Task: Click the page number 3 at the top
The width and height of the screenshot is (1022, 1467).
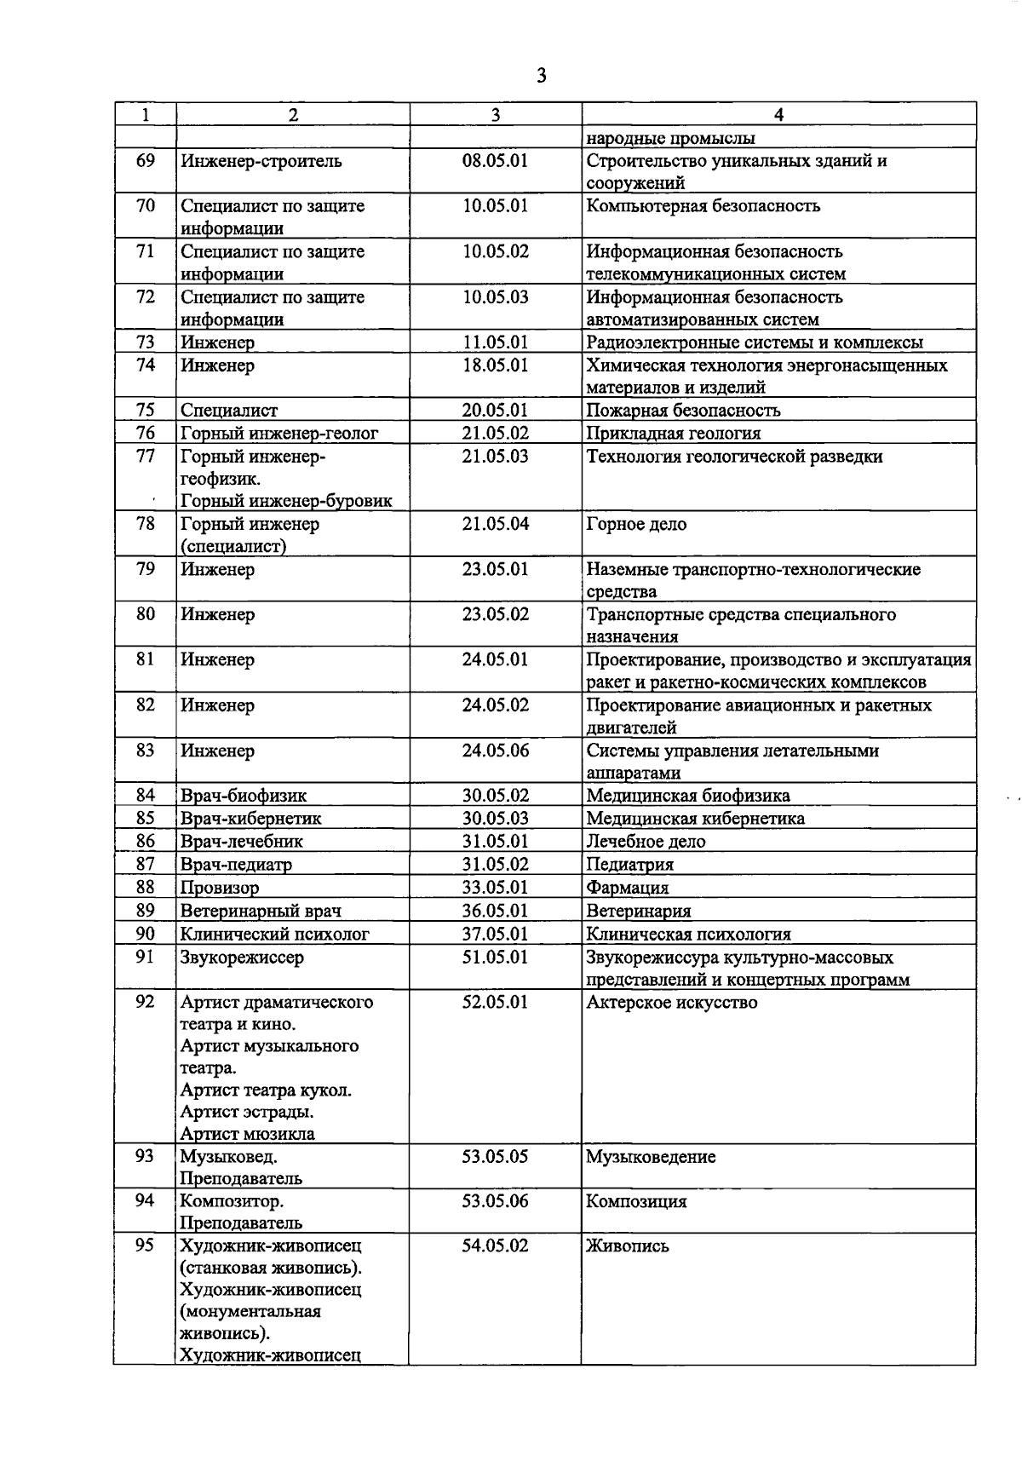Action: [x=541, y=77]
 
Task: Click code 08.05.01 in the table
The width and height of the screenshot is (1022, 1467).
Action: [x=495, y=161]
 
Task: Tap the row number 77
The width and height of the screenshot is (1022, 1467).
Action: [x=146, y=456]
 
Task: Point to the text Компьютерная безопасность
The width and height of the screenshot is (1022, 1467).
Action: [x=703, y=206]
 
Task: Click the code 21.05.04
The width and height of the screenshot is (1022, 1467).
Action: [x=495, y=524]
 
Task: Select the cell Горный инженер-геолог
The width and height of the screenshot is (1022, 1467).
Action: [x=278, y=434]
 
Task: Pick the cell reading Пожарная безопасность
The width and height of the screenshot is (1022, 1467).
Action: [x=683, y=411]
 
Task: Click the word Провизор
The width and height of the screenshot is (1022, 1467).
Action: [x=220, y=888]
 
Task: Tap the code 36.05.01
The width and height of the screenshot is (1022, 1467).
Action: [x=495, y=911]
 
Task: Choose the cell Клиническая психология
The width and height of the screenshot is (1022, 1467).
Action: [x=688, y=934]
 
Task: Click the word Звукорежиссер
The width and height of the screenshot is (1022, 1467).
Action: [x=242, y=957]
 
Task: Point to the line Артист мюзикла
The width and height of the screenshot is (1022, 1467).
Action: [x=247, y=1134]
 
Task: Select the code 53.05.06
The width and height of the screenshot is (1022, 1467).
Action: [x=495, y=1201]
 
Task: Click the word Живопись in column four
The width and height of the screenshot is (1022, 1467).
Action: [x=628, y=1246]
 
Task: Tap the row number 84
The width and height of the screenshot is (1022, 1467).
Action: [x=146, y=796]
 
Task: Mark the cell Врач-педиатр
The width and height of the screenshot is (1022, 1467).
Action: [x=236, y=865]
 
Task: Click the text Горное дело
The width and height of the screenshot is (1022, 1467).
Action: [x=636, y=524]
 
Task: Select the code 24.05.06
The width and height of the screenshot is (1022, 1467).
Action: [x=495, y=751]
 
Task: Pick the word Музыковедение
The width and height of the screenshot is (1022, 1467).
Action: [x=651, y=1157]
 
